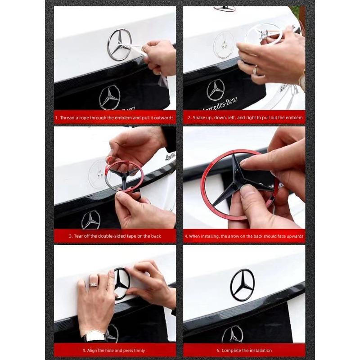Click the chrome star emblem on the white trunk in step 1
coord(119,45)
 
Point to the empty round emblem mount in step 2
coord(224,45)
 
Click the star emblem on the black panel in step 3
coord(91,220)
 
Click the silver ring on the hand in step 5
coord(93,284)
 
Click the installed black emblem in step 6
coord(243,284)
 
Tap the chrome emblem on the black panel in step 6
coord(233,334)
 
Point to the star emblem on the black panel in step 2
coord(216,90)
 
